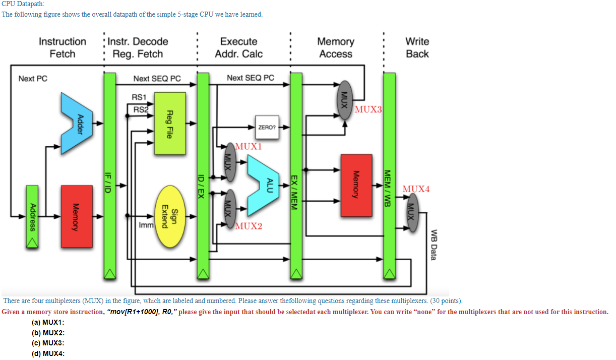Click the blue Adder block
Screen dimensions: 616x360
coord(77,123)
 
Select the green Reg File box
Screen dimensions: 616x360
coord(170,124)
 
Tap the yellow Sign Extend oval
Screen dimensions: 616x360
coord(170,217)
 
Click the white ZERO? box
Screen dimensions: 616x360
coord(267,128)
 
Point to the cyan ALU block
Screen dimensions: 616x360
coord(263,186)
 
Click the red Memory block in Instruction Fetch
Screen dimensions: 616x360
coord(77,217)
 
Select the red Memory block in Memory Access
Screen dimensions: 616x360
coord(356,186)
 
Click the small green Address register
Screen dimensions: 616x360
coord(32,217)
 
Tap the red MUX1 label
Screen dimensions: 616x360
coord(249,146)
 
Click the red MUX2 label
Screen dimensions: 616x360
coord(249,226)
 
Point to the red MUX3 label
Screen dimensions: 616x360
coord(368,109)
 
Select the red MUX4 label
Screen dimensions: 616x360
coord(416,189)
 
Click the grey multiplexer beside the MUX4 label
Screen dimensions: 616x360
coord(412,212)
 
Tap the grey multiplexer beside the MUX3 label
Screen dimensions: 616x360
coord(345,100)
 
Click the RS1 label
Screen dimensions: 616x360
coord(139,97)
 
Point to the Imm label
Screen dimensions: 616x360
coord(146,225)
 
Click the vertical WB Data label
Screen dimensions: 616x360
coord(434,245)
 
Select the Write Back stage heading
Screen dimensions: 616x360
coord(417,47)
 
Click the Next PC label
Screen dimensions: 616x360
coord(33,79)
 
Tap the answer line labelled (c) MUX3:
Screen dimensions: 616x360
coord(48,343)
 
